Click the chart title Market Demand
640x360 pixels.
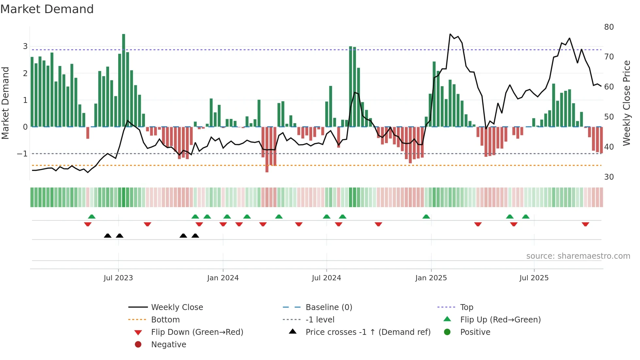(47, 9)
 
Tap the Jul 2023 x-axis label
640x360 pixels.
(118, 278)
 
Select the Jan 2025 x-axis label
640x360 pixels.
(431, 278)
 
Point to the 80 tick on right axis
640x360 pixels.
(609, 27)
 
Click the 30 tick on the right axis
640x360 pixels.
(609, 177)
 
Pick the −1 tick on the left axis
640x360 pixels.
(22, 154)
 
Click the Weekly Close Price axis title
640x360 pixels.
(626, 103)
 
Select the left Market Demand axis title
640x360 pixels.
(6, 103)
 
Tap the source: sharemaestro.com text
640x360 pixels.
(578, 256)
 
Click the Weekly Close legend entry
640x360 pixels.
(177, 307)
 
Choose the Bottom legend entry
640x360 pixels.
(165, 320)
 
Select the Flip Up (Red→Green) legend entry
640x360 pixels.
(500, 320)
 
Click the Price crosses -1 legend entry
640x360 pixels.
(368, 332)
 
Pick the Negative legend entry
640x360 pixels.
(168, 345)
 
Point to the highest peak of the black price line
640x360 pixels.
(450, 34)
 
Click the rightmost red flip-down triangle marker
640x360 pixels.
(585, 224)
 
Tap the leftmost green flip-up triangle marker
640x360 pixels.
(92, 217)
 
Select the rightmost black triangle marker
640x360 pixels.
(195, 236)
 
